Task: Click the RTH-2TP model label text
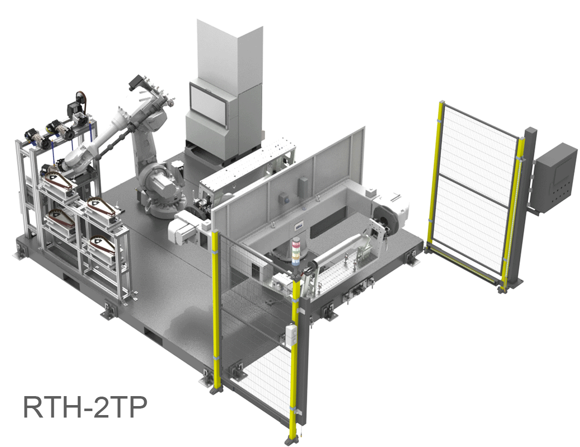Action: click(x=85, y=407)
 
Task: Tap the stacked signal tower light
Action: click(x=296, y=249)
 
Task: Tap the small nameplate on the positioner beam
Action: click(x=298, y=224)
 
